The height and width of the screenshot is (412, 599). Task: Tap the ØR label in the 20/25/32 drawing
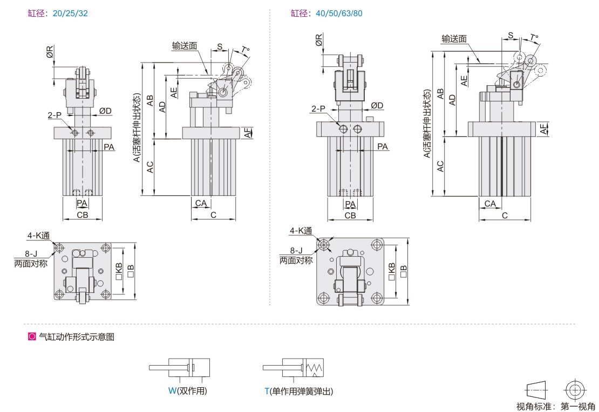click(x=50, y=52)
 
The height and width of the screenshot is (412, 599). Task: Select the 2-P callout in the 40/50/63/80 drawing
click(x=318, y=109)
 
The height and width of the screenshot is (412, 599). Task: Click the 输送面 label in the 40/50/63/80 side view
click(x=454, y=39)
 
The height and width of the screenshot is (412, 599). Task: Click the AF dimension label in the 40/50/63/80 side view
click(x=543, y=129)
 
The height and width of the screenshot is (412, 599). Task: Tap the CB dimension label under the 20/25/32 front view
click(x=82, y=215)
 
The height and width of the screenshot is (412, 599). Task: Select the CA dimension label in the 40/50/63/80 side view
click(x=490, y=203)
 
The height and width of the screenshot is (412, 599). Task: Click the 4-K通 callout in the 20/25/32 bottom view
click(x=39, y=236)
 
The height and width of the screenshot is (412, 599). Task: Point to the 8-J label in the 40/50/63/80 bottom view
click(x=296, y=251)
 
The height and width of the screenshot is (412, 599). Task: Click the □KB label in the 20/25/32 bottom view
click(x=118, y=271)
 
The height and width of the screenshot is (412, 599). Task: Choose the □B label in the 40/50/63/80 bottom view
click(x=403, y=271)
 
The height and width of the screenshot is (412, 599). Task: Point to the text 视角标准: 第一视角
click(x=556, y=406)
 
